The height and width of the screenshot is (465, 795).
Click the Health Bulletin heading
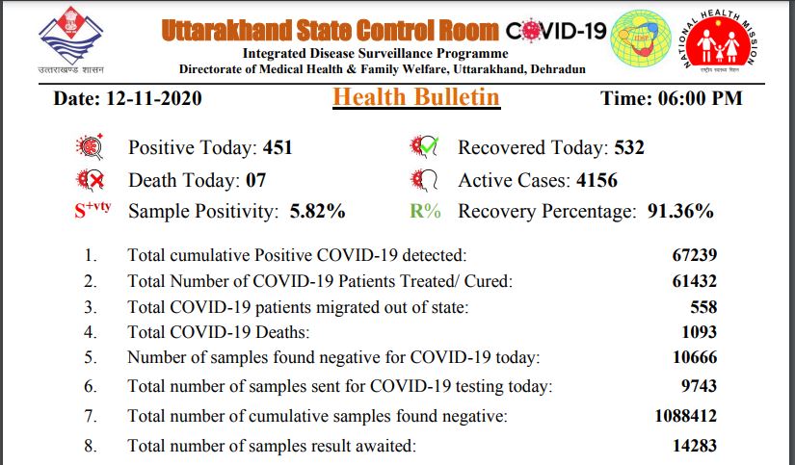(x=416, y=97)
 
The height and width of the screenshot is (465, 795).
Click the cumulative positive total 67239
(x=694, y=256)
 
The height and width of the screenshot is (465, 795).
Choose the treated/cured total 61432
(x=694, y=281)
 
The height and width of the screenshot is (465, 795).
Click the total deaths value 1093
(x=699, y=332)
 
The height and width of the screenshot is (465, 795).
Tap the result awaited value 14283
(x=694, y=447)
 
